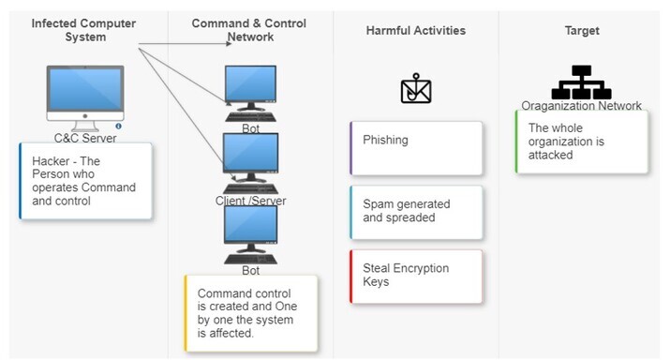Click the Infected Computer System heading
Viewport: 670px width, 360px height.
tap(83, 30)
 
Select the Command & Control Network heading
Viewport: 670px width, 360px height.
tap(249, 30)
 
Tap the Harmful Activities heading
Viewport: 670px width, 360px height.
tap(416, 30)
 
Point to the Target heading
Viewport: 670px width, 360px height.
tap(582, 30)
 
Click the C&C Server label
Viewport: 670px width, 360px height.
tap(85, 138)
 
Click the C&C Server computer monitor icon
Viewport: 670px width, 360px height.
tap(85, 97)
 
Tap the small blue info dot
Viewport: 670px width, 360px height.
tap(118, 127)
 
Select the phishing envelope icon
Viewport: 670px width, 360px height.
tap(416, 88)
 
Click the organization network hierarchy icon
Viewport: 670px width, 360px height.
tap(581, 82)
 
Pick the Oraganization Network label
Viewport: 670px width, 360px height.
tap(581, 106)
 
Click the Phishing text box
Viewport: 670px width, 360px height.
tap(416, 148)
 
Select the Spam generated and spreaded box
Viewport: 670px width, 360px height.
tap(416, 213)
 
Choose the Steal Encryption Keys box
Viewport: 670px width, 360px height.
tap(416, 277)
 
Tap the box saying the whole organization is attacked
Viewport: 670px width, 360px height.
tap(582, 142)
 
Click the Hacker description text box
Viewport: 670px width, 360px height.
tap(85, 181)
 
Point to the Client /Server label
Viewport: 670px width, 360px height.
tap(251, 201)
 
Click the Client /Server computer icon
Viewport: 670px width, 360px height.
tap(251, 163)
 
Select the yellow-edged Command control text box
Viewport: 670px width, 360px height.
tap(251, 313)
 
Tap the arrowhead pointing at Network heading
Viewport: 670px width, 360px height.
tap(229, 44)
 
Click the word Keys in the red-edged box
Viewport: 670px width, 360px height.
tap(376, 282)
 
